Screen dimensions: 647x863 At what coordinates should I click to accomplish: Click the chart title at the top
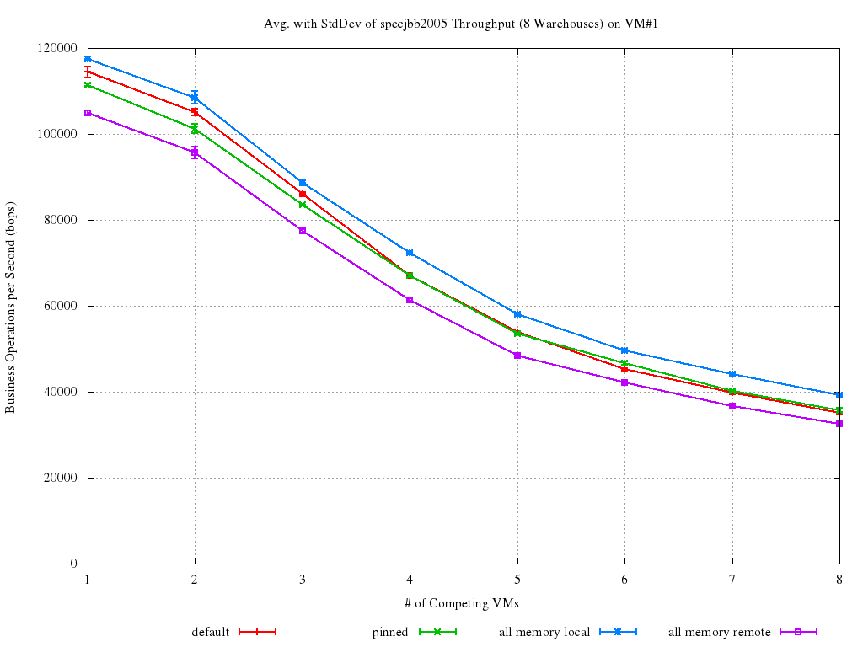pos(461,24)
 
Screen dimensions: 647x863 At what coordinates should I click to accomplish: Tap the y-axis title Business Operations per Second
pos(11,307)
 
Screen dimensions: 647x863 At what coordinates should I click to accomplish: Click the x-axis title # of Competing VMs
pos(463,602)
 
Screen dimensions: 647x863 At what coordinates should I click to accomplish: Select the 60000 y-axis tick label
pos(62,306)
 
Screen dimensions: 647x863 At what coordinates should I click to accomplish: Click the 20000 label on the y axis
pos(62,478)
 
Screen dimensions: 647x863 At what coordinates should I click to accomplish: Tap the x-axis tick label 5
pos(517,580)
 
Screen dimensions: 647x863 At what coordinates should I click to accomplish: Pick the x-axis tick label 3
pos(303,580)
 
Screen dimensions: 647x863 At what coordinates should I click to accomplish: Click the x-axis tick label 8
pos(839,580)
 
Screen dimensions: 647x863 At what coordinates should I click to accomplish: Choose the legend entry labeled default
pos(210,632)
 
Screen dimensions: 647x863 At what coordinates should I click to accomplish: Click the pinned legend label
pos(390,632)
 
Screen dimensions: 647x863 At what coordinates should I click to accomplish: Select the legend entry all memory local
pos(544,632)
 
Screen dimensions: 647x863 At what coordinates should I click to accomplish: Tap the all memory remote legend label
pos(720,632)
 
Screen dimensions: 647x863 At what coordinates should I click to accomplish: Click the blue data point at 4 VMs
pos(410,253)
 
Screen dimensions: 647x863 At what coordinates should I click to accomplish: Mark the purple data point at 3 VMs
pos(303,231)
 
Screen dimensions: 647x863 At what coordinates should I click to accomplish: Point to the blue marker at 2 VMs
pos(195,98)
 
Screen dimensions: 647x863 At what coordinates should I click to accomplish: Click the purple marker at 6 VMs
pos(624,382)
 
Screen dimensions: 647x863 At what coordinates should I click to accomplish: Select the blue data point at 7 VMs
pos(732,374)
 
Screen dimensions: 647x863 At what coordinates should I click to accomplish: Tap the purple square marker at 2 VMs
pos(195,152)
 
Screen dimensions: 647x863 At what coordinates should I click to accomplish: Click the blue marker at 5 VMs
pos(517,314)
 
